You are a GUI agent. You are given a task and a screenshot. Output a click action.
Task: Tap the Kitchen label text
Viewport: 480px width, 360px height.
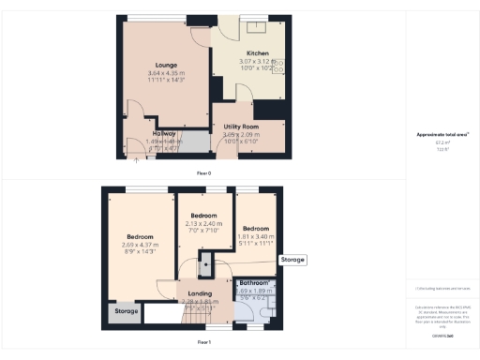[x=259, y=52]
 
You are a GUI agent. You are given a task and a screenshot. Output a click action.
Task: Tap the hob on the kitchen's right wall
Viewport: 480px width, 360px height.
[x=280, y=67]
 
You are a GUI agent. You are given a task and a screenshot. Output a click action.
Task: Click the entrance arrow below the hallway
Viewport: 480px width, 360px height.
[x=138, y=160]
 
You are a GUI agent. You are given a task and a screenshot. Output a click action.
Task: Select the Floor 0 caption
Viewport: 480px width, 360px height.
[x=203, y=173]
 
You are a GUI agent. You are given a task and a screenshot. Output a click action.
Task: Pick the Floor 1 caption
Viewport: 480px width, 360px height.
[x=203, y=343]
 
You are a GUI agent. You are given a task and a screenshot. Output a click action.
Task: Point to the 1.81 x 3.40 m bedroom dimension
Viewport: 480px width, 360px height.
[x=255, y=237]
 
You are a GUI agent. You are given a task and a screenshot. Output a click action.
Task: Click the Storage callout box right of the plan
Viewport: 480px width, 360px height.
[x=292, y=260]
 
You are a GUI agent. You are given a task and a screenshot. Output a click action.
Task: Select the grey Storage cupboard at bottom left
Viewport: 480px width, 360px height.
[x=126, y=311]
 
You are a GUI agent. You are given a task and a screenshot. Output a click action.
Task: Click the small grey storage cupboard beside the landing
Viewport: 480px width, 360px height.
[x=204, y=268]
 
